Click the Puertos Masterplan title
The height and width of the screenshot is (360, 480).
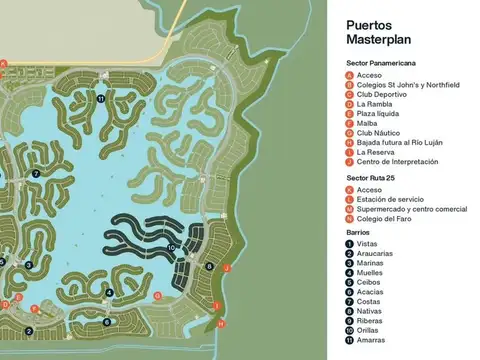coord(384,33)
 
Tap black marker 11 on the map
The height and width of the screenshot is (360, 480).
coord(101,99)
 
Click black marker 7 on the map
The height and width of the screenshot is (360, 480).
coord(35,174)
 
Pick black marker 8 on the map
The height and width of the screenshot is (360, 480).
coord(209,267)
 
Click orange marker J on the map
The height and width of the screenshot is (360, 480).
coord(226,267)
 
